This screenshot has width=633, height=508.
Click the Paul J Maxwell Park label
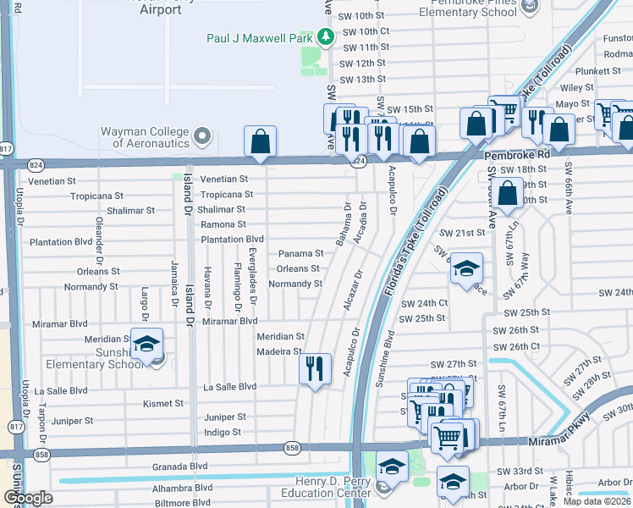tap(260, 38)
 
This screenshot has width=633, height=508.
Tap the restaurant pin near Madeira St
tap(315, 367)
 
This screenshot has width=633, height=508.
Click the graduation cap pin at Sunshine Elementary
tap(146, 345)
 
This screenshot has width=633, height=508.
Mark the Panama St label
tap(301, 253)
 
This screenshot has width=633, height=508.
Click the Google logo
tap(27, 498)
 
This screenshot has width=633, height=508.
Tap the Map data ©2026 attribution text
tap(597, 501)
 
